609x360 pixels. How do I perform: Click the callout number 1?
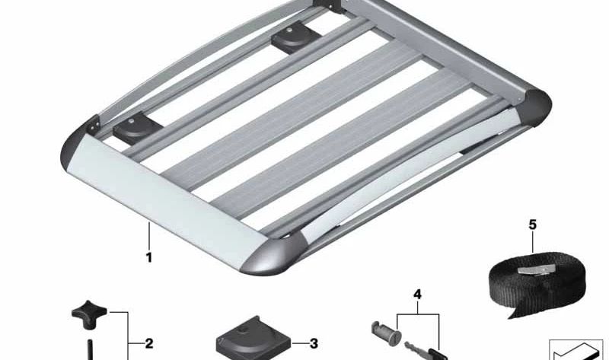pyautogui.click(x=148, y=257)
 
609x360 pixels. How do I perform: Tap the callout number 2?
pyautogui.click(x=148, y=343)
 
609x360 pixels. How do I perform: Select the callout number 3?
pyautogui.click(x=314, y=343)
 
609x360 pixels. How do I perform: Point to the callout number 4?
pyautogui.click(x=417, y=295)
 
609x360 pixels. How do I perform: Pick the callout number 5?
pyautogui.click(x=532, y=225)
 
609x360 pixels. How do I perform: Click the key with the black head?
pyautogui.click(x=426, y=350)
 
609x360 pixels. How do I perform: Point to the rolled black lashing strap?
pyautogui.click(x=537, y=282)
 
